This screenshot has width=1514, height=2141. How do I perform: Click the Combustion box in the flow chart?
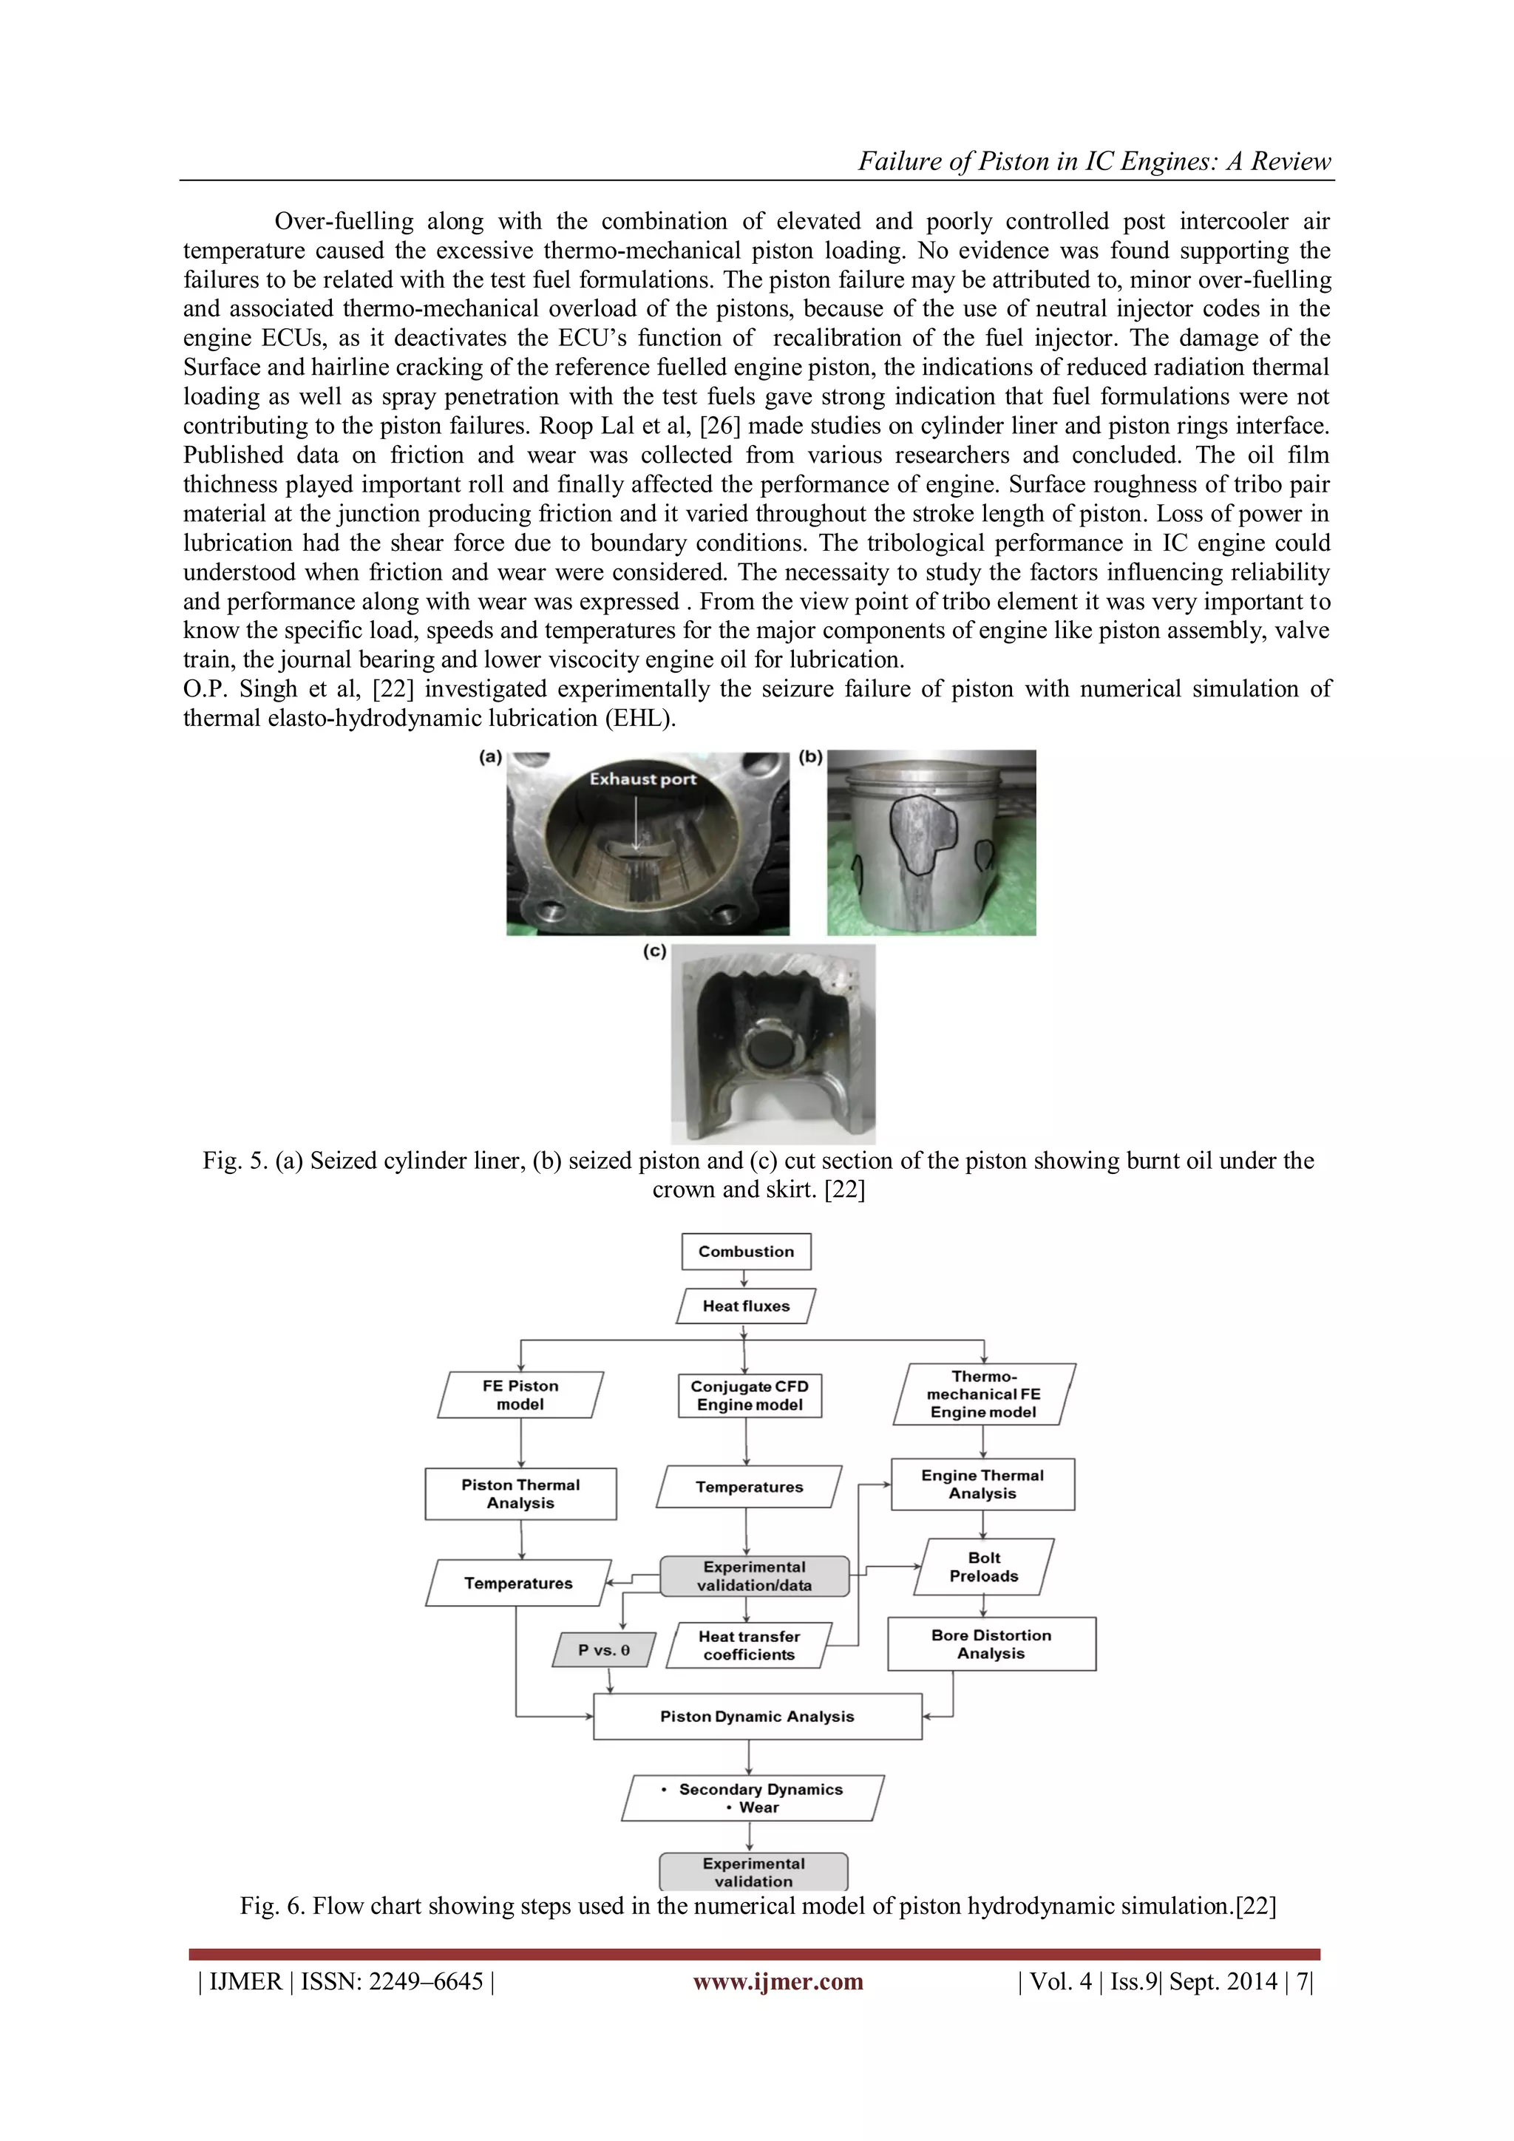click(x=746, y=1252)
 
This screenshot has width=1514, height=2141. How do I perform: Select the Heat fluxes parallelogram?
click(x=746, y=1306)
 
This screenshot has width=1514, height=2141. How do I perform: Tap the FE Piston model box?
click(x=520, y=1395)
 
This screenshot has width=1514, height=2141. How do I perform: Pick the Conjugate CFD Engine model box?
click(x=750, y=1396)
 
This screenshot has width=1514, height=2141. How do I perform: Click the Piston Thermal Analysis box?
click(x=520, y=1494)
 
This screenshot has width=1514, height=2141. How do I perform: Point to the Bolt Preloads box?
click(x=983, y=1567)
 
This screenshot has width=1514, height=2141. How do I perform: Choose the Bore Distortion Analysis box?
click(x=991, y=1644)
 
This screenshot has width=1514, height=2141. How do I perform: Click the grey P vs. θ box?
click(x=604, y=1649)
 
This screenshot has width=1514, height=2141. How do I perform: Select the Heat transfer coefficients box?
click(x=749, y=1645)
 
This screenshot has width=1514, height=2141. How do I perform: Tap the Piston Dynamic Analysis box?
click(x=757, y=1717)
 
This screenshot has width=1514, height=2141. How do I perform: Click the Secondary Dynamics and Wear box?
click(x=753, y=1798)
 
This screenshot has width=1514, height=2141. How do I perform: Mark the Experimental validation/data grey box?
click(x=754, y=1576)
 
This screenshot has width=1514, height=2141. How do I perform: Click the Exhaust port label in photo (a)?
click(x=642, y=779)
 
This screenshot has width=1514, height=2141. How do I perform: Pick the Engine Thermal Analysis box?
click(x=982, y=1485)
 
